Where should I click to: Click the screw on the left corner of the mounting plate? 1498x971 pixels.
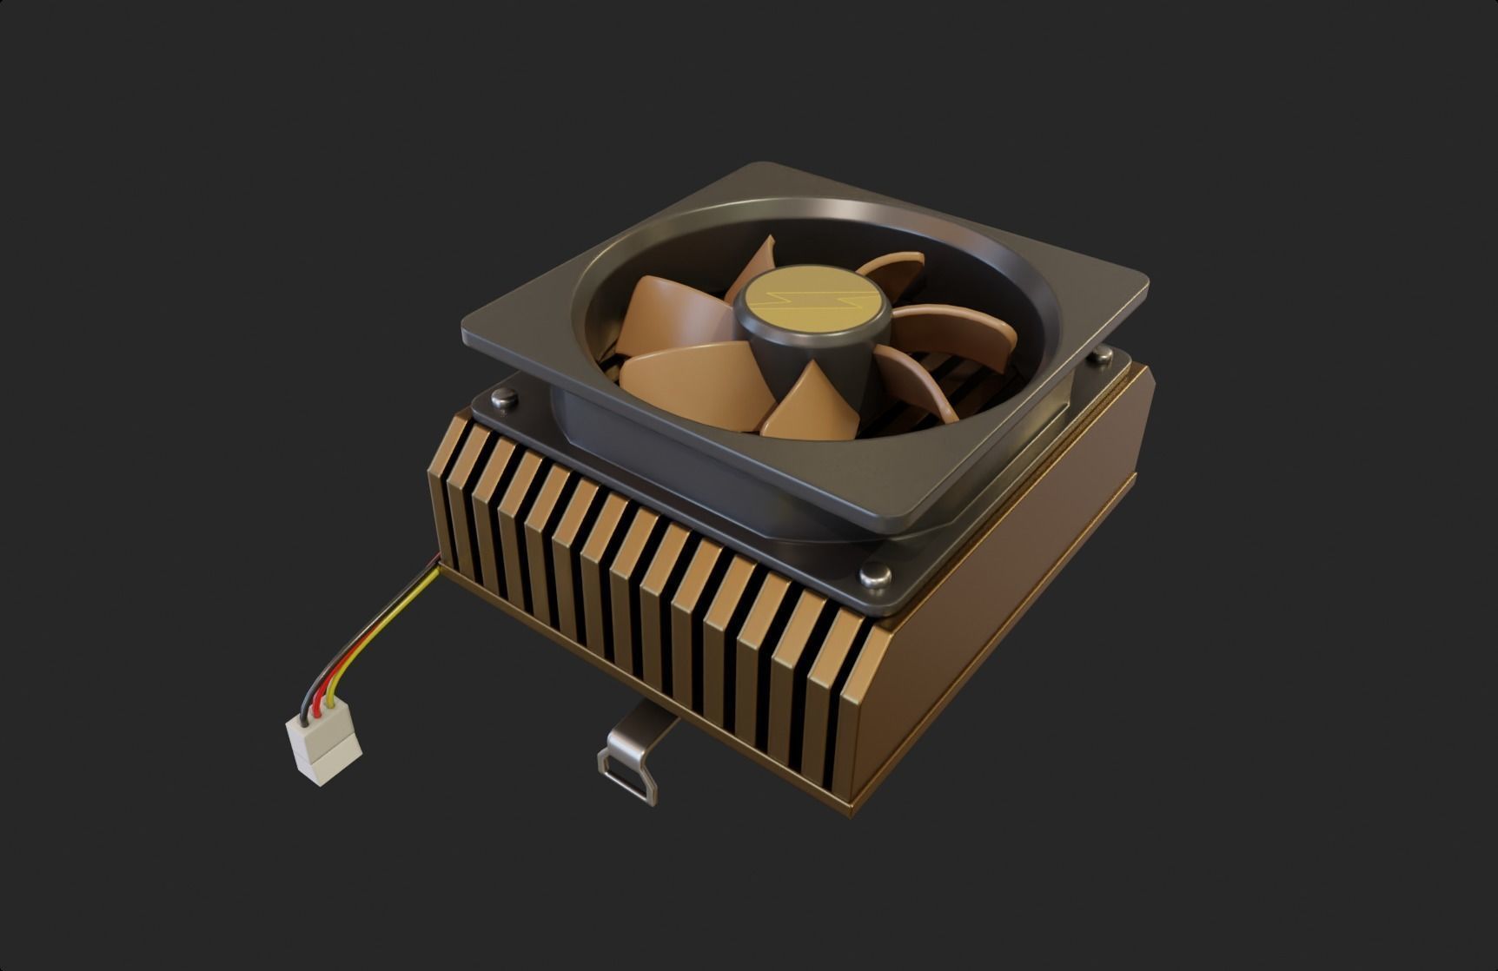(502, 399)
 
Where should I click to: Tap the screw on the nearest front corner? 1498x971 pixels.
(873, 575)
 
